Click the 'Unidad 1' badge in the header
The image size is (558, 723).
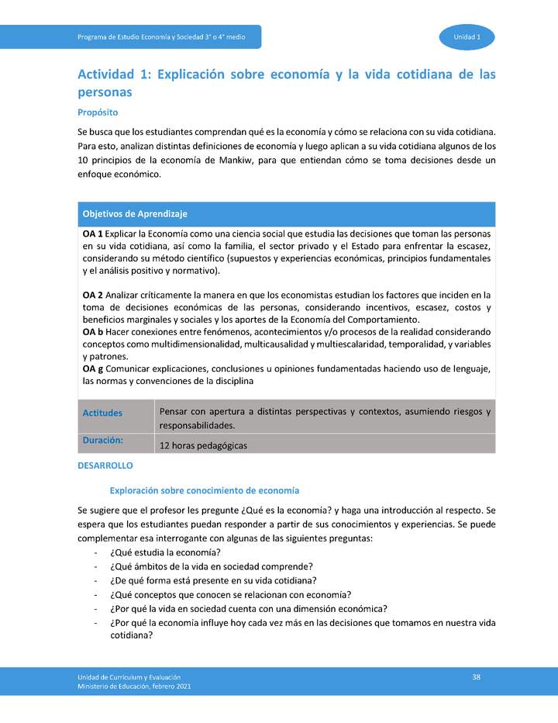point(467,37)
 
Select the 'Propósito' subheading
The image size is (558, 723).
point(98,112)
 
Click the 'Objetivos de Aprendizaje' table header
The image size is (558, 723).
point(135,213)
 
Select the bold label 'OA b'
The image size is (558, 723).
point(92,332)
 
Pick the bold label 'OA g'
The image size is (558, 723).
point(92,368)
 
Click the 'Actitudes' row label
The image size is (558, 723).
point(102,413)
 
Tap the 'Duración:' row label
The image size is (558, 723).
point(103,440)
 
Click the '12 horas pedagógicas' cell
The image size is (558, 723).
point(203,446)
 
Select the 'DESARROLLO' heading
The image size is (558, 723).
point(105,465)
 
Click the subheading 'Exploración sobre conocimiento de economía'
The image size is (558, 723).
point(205,490)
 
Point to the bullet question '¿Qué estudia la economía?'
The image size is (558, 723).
point(165,552)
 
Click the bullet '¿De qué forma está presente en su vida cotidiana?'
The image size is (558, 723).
point(213,580)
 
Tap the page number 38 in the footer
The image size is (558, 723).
point(477,677)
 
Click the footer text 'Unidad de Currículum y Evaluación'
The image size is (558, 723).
point(129,678)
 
